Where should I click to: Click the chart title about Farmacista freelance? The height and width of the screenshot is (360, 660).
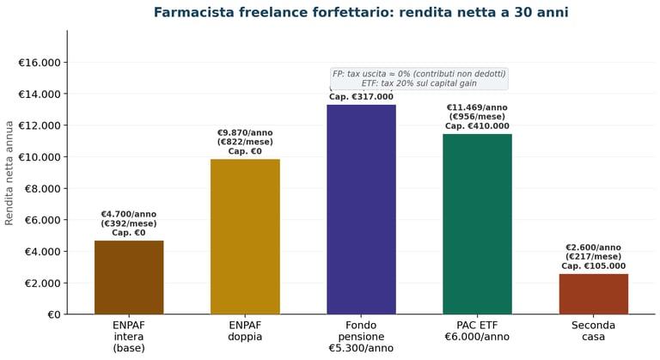[361, 13]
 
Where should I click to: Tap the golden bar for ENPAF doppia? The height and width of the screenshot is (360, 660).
[245, 236]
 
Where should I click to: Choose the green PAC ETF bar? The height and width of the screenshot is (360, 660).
[477, 223]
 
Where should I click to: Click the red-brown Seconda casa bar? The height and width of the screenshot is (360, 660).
[593, 294]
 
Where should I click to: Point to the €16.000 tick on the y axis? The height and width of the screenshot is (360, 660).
[40, 63]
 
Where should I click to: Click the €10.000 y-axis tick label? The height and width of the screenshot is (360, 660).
[40, 157]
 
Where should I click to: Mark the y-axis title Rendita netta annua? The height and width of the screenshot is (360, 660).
[9, 172]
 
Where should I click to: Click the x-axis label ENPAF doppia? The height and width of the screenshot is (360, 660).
[245, 331]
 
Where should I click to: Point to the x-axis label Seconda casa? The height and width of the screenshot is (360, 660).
[593, 331]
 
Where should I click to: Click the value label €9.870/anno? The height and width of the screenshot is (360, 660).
[245, 133]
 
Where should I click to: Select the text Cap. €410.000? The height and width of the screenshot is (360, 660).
[477, 126]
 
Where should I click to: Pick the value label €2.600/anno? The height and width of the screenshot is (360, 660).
[593, 247]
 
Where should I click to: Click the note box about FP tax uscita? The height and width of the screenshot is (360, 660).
[419, 78]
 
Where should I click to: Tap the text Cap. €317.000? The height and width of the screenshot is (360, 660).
[361, 97]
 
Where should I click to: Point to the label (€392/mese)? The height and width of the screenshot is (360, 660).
[129, 223]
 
